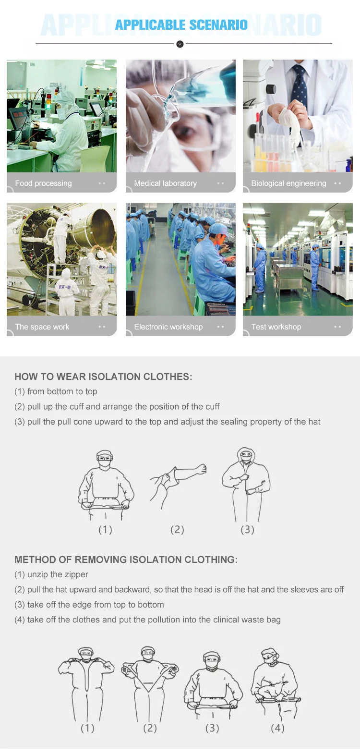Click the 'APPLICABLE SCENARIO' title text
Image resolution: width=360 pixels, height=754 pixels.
pos(181,25)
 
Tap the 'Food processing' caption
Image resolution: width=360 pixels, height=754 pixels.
pos(43,183)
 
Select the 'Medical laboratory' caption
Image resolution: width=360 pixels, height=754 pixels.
pos(165,183)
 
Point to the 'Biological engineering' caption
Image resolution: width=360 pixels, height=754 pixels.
pos(288,183)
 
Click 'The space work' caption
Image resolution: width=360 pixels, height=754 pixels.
pos(42,327)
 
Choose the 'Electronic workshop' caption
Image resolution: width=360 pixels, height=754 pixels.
pos(168,327)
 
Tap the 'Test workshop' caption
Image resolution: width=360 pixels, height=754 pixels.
pos(276,327)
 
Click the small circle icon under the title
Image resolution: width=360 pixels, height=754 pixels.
pos(180,44)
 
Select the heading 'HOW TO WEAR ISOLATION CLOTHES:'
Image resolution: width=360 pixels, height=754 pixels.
pos(103,377)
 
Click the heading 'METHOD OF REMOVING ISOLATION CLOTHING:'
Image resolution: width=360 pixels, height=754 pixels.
pos(126,559)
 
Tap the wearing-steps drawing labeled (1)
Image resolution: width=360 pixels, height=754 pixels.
pos(106,485)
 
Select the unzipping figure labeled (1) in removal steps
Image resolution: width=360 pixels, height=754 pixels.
pos(86,682)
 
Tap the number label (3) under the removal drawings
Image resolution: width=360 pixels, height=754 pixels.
pos(212,728)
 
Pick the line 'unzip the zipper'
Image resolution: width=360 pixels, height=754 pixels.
pos(57,574)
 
